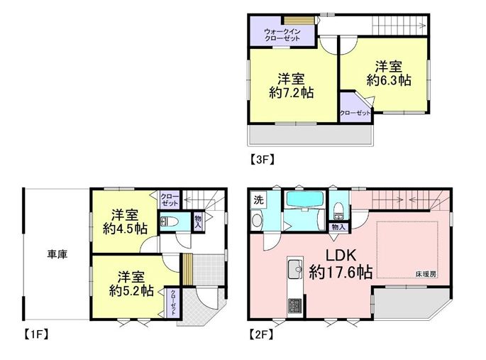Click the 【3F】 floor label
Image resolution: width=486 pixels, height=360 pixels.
coord(262,159)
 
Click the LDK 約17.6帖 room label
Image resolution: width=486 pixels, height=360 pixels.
coord(341,263)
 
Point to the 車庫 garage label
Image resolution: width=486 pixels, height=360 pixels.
coord(57,255)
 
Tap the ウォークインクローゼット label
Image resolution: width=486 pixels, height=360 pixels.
coord(282,35)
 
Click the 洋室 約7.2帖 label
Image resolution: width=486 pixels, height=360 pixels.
coord(291,86)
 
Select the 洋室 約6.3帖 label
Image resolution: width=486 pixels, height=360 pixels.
coord(389,73)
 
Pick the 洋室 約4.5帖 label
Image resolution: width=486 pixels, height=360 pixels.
coord(125,222)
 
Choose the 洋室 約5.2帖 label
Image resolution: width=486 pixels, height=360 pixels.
coord(131,284)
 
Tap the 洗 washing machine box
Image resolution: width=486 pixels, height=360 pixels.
coord(258,200)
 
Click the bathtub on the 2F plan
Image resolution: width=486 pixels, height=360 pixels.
coord(305,199)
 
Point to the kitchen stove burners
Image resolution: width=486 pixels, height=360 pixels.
coord(294,306)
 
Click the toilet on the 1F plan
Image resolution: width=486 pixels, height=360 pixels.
coord(170,222)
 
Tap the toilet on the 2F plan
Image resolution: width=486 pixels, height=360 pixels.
coord(338,210)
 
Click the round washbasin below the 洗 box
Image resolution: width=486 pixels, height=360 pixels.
coord(258,220)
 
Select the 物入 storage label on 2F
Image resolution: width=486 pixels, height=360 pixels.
coord(338,227)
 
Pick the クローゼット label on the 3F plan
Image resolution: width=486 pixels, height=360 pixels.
coord(355,113)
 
